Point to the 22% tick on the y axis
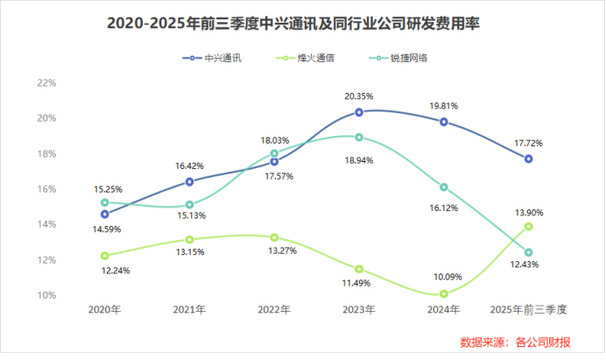point(46,83)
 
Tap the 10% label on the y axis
point(46,295)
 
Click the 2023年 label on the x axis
point(359,310)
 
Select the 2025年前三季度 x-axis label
point(528,310)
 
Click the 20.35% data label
point(359,96)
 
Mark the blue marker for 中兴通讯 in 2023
point(359,112)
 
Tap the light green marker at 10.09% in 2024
point(444,293)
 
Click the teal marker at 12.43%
point(528,252)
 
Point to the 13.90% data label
point(528,210)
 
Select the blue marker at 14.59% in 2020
point(105,214)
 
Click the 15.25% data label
point(105,187)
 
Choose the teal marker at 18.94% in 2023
point(359,137)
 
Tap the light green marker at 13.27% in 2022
point(274,237)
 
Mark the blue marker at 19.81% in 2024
point(444,122)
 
